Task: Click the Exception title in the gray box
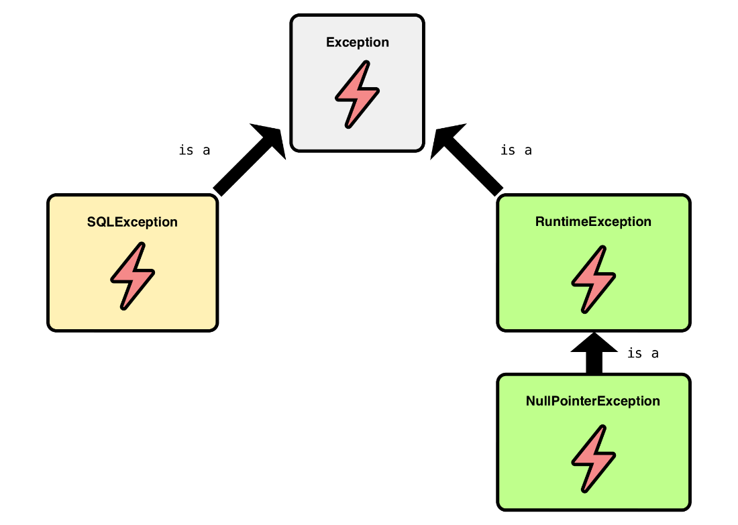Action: (x=357, y=42)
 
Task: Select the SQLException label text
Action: (x=132, y=222)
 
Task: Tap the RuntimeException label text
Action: (x=593, y=222)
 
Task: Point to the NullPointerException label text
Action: (x=593, y=402)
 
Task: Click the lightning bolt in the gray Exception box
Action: (x=357, y=94)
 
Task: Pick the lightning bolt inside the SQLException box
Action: (x=132, y=276)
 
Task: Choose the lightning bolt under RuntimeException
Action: (x=593, y=278)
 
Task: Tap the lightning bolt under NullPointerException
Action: (x=593, y=458)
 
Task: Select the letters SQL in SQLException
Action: (x=101, y=222)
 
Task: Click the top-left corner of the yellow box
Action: (x=52, y=198)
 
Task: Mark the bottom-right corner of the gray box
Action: (x=420, y=147)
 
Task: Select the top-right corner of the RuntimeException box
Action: (x=686, y=198)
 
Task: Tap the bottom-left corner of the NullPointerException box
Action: (x=501, y=506)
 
